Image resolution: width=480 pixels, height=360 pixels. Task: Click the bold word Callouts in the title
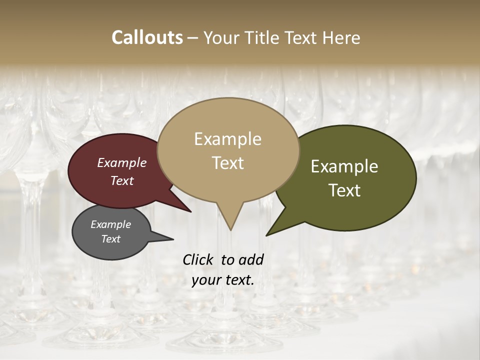(x=147, y=37)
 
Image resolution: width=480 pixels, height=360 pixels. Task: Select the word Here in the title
(x=342, y=37)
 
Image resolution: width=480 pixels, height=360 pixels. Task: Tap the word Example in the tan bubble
(x=227, y=139)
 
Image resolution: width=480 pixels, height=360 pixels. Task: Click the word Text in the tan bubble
(x=227, y=163)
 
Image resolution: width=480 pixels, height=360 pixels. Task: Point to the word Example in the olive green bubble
(x=344, y=166)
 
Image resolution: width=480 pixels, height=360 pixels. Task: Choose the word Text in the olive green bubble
(x=344, y=190)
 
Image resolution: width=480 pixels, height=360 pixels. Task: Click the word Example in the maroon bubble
(x=122, y=162)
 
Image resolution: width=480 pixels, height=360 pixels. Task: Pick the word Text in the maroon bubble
(x=122, y=180)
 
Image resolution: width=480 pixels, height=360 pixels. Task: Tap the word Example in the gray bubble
(x=110, y=224)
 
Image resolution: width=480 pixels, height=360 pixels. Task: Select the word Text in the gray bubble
(x=110, y=239)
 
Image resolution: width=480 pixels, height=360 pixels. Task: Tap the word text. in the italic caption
(x=239, y=280)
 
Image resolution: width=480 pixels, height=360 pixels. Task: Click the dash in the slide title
(x=192, y=38)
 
